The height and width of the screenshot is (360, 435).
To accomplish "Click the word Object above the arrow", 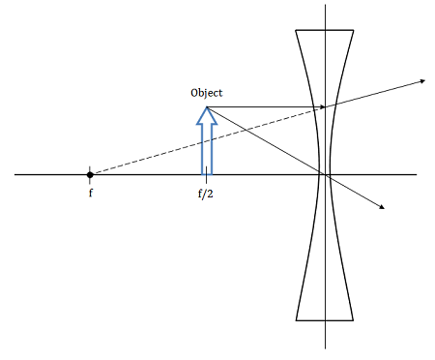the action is coord(207,93).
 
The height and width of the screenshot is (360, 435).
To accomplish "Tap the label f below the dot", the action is coord(89,193).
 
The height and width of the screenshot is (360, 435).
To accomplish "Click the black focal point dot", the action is coord(90,175).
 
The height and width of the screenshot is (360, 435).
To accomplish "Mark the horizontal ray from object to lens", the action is coord(261,106).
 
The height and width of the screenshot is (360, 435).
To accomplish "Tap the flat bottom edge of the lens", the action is coord(326,319).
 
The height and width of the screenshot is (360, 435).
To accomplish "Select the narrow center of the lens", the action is coord(326,175).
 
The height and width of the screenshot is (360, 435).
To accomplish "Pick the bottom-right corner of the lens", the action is coord(356,319).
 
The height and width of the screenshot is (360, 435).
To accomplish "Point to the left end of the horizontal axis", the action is coord(16,175).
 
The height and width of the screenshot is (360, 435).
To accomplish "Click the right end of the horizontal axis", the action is coord(417,175).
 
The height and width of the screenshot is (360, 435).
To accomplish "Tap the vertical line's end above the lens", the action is coord(326,5).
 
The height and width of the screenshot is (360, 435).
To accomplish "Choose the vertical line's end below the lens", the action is coord(326,349).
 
